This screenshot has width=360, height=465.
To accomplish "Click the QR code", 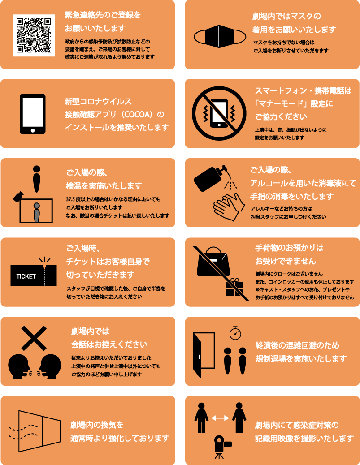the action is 34,35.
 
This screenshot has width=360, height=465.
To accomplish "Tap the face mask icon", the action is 220,36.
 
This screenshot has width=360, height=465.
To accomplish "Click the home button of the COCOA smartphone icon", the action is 33,130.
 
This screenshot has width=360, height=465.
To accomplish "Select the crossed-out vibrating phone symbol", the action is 219,114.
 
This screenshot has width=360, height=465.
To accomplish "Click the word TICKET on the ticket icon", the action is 26,276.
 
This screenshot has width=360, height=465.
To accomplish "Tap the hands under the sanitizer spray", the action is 229,207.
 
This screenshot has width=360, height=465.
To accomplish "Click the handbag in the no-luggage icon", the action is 213,262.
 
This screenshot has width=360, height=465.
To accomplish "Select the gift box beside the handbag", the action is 234,287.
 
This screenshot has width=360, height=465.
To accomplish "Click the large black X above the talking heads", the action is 34,338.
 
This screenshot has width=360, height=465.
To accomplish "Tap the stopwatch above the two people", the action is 235,333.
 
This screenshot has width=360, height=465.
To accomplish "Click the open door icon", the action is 204,355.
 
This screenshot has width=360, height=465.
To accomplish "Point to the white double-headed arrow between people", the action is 220,418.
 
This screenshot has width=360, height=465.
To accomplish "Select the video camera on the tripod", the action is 222,447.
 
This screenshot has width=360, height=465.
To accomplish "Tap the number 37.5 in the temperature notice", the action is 71,199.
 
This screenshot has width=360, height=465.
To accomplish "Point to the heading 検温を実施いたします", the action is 104,186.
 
